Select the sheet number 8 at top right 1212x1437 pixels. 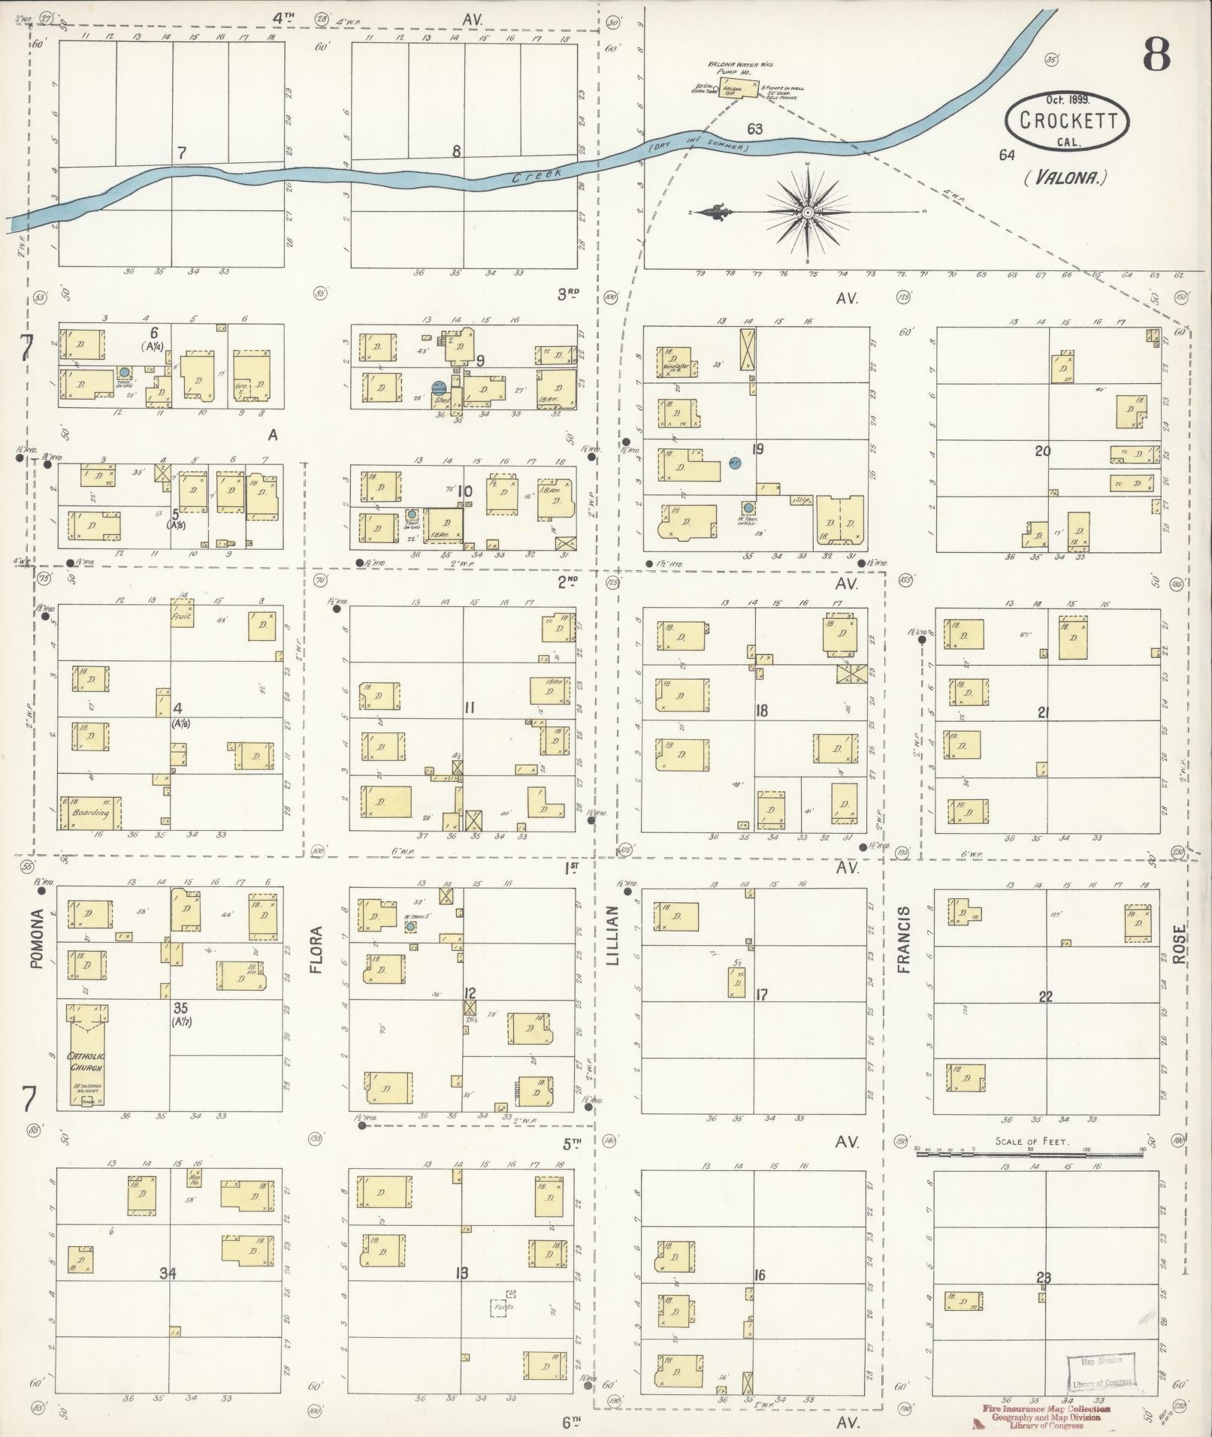pyautogui.click(x=1156, y=56)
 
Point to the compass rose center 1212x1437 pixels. pyautogui.click(x=808, y=213)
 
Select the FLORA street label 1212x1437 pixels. pyautogui.click(x=316, y=950)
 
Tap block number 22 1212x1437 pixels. pyautogui.click(x=1045, y=997)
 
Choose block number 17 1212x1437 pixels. pyautogui.click(x=761, y=995)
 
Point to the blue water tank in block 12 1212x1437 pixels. pyautogui.click(x=410, y=926)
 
